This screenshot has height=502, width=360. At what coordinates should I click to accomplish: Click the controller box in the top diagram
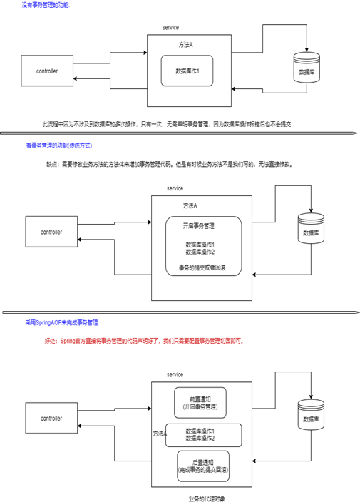coord(47,71)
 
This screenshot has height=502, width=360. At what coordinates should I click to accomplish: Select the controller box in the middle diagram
coord(51,232)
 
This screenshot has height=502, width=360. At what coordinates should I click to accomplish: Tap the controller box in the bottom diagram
coord(51,419)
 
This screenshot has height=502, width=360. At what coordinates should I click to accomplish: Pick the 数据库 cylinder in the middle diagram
coord(311,231)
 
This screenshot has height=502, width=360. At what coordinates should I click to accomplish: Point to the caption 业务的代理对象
coord(207,498)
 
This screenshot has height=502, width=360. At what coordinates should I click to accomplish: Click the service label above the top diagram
coord(170,26)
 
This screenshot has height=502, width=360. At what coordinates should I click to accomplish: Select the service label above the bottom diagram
coord(175,374)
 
